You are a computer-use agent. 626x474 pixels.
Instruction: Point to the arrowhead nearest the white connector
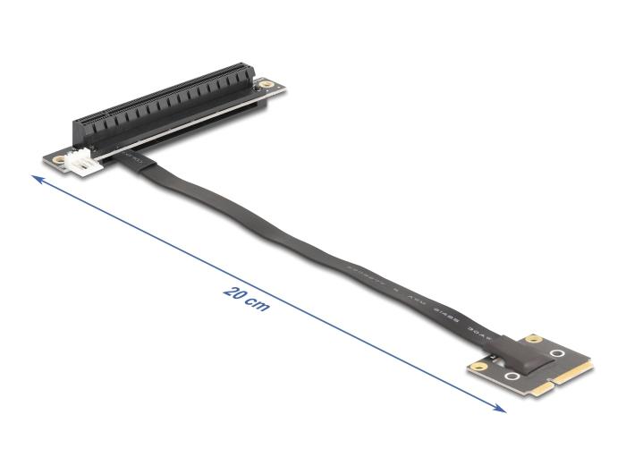click(36, 181)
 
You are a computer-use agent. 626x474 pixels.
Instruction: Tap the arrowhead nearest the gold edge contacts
click(502, 410)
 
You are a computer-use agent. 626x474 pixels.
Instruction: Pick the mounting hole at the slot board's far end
click(266, 87)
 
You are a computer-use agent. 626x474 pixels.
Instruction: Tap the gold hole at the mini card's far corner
click(535, 340)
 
